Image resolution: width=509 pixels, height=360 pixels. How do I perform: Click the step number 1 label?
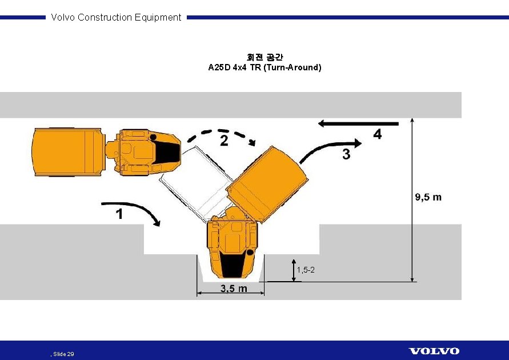coord(119,214)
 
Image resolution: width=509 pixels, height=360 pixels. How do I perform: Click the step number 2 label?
coord(224,141)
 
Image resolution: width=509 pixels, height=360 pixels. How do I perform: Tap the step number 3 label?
coord(346,154)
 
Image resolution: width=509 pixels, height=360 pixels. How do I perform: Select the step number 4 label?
coord(378,135)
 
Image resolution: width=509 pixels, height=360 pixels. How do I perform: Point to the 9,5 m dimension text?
coord(427,197)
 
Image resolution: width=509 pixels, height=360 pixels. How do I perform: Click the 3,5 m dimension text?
coord(234,289)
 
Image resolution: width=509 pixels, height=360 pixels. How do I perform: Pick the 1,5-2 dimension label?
coord(306,269)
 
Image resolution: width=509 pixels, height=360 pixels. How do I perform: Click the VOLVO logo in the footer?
coord(434,351)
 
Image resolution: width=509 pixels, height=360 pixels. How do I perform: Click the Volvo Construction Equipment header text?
coord(116,17)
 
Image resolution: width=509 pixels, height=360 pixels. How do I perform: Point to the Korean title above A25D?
coord(264,57)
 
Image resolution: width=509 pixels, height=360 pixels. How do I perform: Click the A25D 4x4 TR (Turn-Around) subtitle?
coord(264,67)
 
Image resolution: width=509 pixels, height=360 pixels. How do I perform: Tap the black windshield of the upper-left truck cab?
coord(169,151)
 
